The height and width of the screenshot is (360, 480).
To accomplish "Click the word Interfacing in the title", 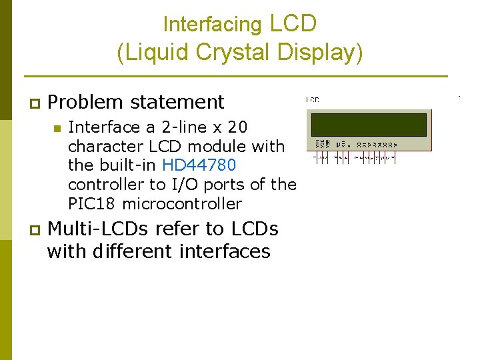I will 213,25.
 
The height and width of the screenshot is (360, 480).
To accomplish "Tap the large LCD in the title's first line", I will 293,23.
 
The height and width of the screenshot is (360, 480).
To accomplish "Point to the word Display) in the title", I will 324,53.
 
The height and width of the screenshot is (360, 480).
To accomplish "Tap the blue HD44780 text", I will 199,165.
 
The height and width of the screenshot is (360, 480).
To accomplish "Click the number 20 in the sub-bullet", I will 237,127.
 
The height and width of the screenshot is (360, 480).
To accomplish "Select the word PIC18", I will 93,203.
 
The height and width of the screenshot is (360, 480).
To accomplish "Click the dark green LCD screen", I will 367,124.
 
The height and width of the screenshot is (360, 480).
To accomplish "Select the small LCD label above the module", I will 313,100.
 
